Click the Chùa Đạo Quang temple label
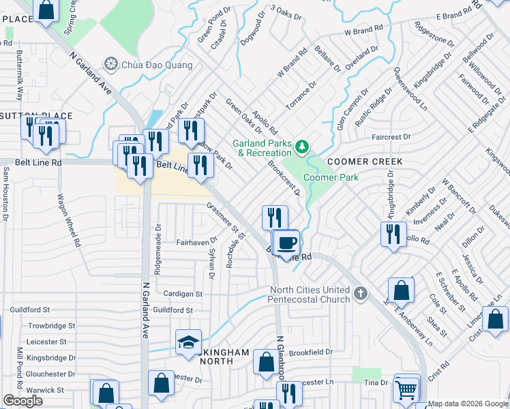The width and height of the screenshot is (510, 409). [156, 65]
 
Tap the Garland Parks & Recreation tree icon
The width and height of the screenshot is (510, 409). [301, 147]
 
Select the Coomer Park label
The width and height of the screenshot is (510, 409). [331, 177]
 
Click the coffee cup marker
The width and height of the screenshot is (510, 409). [287, 242]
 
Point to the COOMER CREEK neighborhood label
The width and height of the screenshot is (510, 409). [364, 162]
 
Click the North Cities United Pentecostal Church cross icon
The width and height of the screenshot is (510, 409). [361, 294]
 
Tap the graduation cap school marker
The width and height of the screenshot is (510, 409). [189, 343]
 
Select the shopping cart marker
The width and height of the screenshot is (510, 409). [406, 390]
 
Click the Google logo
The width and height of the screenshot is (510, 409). [22, 401]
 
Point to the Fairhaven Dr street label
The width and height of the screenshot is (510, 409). [196, 240]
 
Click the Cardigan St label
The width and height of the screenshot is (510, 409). [183, 294]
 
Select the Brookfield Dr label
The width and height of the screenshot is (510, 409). [310, 352]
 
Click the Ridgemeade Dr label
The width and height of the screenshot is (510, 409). [157, 250]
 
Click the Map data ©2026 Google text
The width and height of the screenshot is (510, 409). [468, 404]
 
